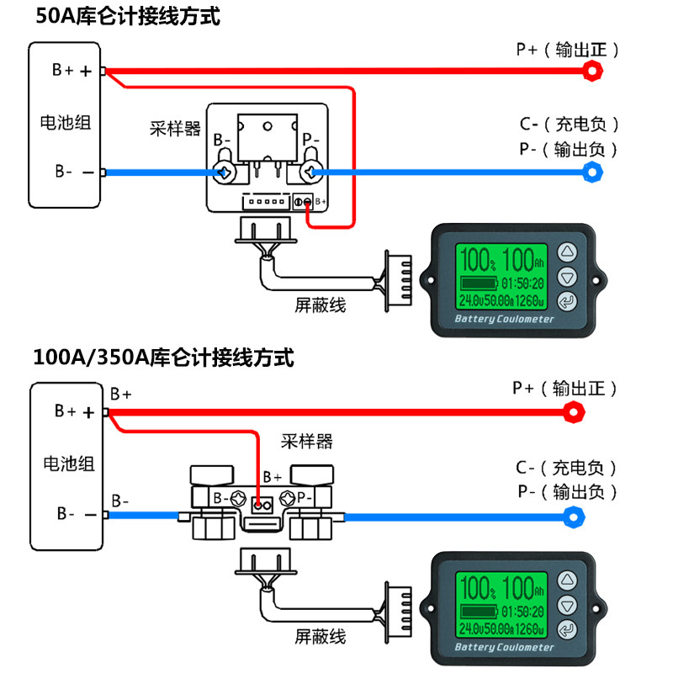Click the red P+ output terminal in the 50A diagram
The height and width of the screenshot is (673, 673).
pos(592,71)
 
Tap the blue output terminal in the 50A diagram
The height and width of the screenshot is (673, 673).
pos(592,172)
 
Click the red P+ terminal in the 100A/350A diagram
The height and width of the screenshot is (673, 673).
pos(574,412)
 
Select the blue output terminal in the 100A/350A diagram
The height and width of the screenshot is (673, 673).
pos(574,517)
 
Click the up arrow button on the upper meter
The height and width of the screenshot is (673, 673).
pos(567,252)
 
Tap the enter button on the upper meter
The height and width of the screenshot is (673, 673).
pos(567,301)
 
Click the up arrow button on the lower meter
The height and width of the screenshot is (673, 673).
pos(567,580)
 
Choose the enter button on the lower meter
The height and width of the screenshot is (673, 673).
pos(567,630)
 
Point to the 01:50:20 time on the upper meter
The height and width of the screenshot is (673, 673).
pos(522,284)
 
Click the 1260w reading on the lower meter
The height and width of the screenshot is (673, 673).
pos(530,629)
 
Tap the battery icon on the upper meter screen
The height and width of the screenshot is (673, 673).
pos(479,284)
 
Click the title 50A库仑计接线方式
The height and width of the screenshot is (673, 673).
pos(128,17)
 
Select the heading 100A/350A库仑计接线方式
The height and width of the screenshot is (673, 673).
pos(163,358)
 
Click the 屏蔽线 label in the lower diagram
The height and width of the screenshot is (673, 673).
pos(321,637)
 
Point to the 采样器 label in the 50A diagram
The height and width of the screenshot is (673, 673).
pos(175,129)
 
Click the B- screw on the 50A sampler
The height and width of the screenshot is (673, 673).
pos(225,172)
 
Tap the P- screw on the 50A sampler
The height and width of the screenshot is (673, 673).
pos(310,172)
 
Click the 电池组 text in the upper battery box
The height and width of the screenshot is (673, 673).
pos(66,123)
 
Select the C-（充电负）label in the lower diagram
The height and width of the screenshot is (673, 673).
pos(566,468)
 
